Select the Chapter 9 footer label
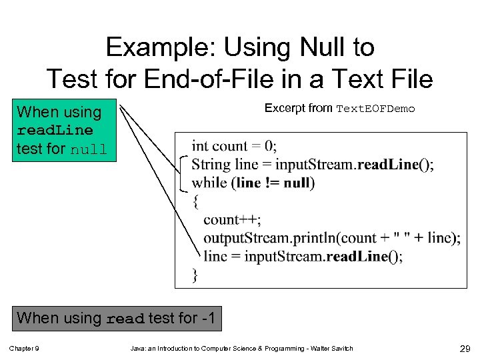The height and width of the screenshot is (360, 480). (x=23, y=349)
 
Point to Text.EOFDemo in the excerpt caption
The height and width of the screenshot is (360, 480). (x=375, y=109)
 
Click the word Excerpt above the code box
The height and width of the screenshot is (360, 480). (x=285, y=108)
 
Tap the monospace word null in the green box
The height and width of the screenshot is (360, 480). (x=89, y=149)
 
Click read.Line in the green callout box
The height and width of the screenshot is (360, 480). (x=55, y=131)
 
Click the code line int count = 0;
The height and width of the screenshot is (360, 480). (x=234, y=146)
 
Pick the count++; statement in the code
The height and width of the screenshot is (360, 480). (x=232, y=219)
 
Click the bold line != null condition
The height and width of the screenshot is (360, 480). (x=273, y=183)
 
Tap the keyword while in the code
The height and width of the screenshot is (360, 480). (x=209, y=183)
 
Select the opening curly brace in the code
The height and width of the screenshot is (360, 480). (x=195, y=200)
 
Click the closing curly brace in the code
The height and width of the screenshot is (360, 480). (x=195, y=274)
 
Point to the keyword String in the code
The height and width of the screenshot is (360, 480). (x=211, y=165)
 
